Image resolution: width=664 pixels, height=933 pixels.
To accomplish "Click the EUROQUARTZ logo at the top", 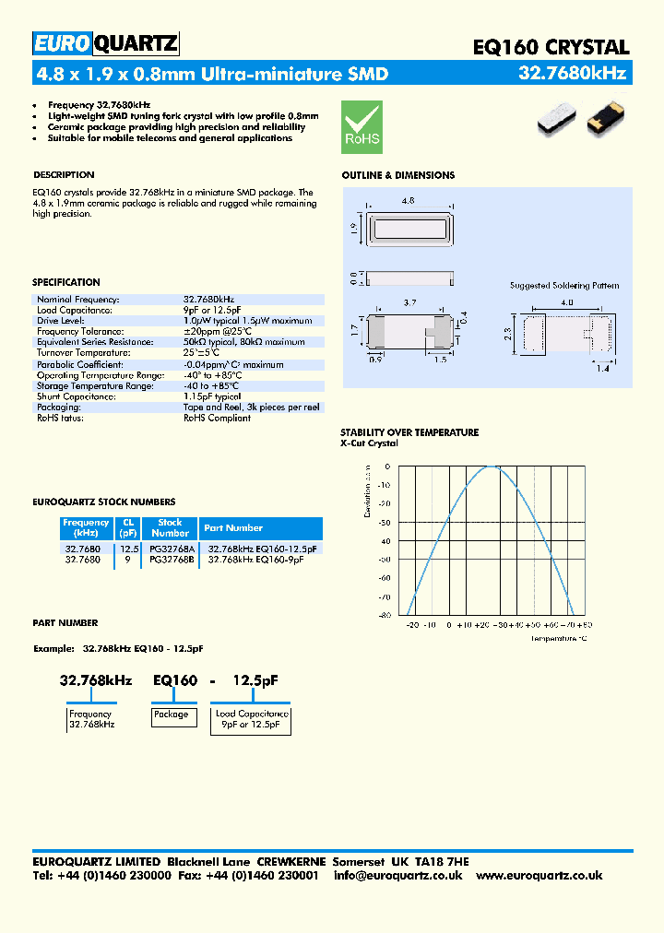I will [x=106, y=44].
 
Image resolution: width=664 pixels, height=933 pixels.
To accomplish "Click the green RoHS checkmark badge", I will [x=362, y=127].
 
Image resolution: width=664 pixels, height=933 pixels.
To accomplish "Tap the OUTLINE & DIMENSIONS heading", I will [x=397, y=175].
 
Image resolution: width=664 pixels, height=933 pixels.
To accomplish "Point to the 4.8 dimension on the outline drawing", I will [x=407, y=198].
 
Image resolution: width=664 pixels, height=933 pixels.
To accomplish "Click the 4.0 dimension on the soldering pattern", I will [x=565, y=301].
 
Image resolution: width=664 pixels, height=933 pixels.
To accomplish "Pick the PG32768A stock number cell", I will [x=171, y=548].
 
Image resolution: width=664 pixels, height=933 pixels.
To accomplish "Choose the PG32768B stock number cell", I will [x=171, y=559].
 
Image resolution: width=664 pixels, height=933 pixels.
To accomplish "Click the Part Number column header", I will [x=233, y=528].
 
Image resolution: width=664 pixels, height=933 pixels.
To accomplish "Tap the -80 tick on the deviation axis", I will [x=384, y=615].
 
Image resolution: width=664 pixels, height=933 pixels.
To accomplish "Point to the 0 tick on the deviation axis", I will [x=387, y=467].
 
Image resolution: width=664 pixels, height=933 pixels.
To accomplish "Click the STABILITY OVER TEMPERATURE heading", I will [x=409, y=432].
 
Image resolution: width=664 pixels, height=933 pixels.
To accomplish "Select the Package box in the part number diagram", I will [x=171, y=715].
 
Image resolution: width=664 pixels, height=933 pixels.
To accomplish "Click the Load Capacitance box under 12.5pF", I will [x=252, y=720].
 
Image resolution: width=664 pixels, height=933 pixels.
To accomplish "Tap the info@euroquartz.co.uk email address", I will [x=397, y=875].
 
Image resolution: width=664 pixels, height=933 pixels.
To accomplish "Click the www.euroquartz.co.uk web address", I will [x=539, y=875].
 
